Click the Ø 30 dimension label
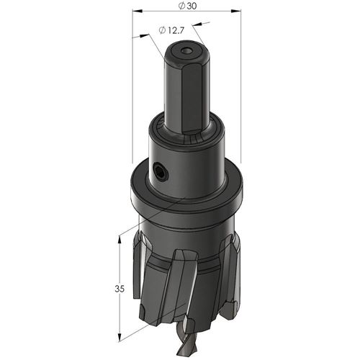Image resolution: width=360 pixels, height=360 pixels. (x=187, y=6)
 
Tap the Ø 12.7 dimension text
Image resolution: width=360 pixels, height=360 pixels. (x=171, y=30)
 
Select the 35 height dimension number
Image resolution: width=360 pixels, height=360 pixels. (x=120, y=289)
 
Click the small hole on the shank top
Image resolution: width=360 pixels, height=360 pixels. (x=187, y=51)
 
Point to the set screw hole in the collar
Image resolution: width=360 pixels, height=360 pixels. (x=160, y=171)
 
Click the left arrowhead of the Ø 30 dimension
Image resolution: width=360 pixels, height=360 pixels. (x=138, y=11)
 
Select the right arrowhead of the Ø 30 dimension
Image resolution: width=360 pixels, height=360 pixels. (x=236, y=11)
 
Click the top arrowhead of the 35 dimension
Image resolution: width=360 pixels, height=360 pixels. (x=119, y=240)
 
